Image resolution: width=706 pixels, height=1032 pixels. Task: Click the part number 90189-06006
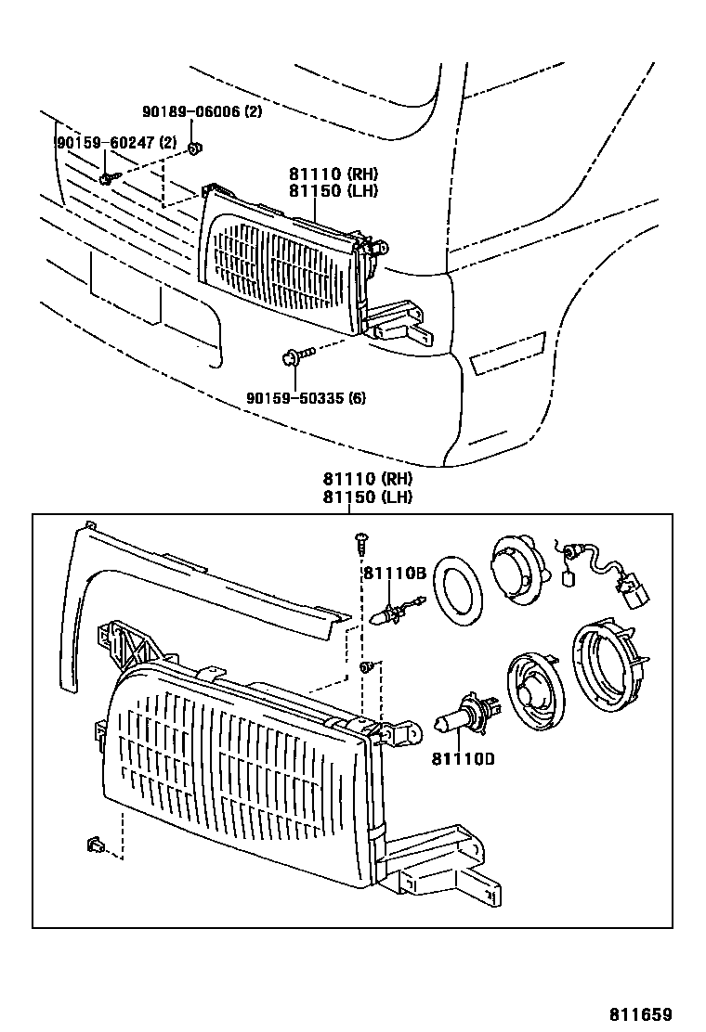click(192, 112)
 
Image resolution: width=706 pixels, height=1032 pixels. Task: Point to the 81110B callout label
click(394, 574)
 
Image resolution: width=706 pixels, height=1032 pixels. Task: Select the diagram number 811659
click(640, 1014)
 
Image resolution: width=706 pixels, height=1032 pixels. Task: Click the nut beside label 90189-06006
click(194, 148)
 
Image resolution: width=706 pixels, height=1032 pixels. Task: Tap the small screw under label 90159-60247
click(107, 177)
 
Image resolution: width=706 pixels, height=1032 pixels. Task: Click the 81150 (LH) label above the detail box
click(367, 497)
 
